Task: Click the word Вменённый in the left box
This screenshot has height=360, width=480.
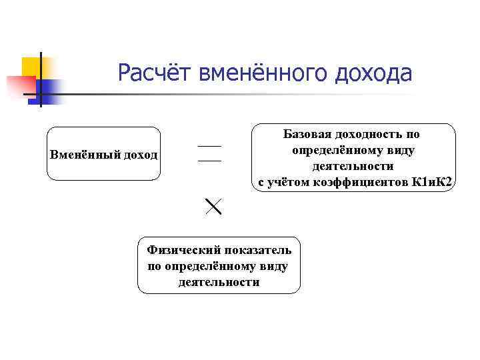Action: tap(84, 155)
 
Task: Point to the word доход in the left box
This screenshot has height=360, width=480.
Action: tap(139, 155)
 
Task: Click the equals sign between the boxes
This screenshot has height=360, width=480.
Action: tap(209, 153)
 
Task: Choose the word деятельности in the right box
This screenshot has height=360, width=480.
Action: tap(353, 166)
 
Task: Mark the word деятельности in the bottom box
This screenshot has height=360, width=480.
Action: tap(219, 282)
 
